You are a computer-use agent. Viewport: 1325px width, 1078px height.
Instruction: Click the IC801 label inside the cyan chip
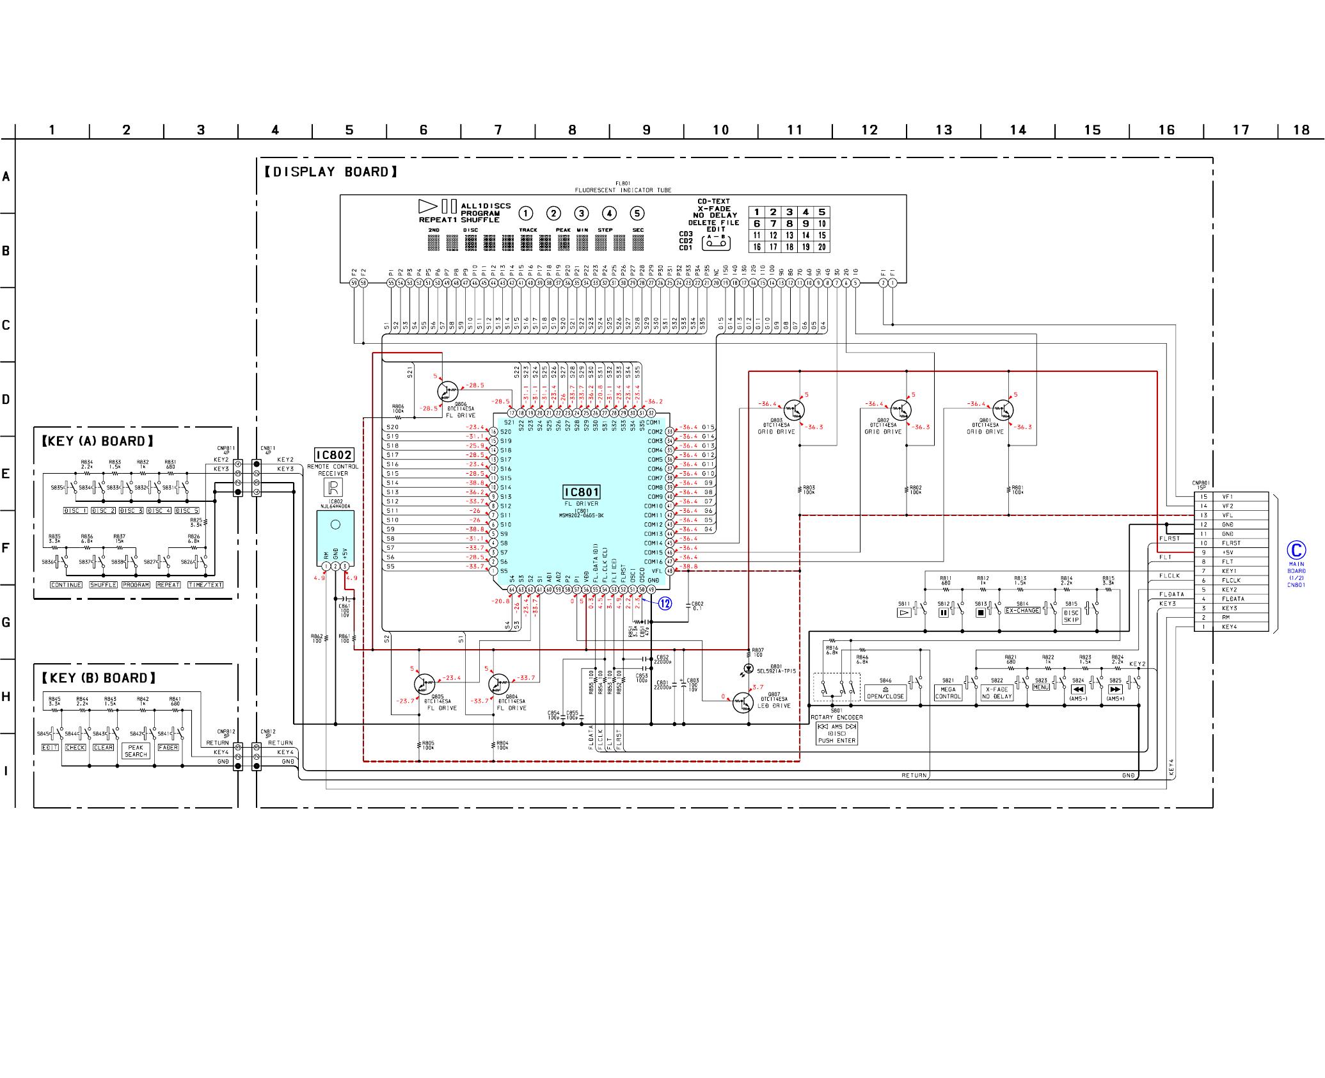pyautogui.click(x=581, y=492)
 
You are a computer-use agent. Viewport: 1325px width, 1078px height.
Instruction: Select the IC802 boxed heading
pyautogui.click(x=333, y=455)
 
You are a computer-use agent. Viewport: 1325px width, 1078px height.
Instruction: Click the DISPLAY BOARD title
pyautogui.click(x=331, y=172)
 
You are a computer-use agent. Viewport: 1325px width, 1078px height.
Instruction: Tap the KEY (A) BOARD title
pyautogui.click(x=97, y=441)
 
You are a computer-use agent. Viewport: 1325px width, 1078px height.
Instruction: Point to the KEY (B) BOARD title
pyautogui.click(x=99, y=678)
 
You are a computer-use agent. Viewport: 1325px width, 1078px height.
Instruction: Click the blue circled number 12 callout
pyautogui.click(x=665, y=604)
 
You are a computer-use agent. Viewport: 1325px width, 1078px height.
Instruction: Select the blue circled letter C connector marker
pyautogui.click(x=1296, y=550)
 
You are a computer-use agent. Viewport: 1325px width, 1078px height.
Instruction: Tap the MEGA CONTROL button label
pyautogui.click(x=948, y=693)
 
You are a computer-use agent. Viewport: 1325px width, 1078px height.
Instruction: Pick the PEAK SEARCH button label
pyautogui.click(x=136, y=751)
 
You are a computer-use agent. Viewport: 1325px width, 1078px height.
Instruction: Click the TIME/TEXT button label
pyautogui.click(x=205, y=584)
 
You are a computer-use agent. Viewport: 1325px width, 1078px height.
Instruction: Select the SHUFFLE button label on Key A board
pyautogui.click(x=103, y=584)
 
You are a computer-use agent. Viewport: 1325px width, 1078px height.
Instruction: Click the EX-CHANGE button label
pyautogui.click(x=1022, y=611)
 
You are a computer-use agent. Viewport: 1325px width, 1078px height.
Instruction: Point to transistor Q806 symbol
pyautogui.click(x=447, y=391)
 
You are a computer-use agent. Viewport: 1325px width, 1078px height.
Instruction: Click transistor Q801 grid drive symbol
pyautogui.click(x=1003, y=410)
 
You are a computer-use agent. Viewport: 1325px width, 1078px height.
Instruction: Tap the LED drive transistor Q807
pyautogui.click(x=743, y=702)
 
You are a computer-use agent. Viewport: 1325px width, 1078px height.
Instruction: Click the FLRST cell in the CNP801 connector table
pyautogui.click(x=1231, y=543)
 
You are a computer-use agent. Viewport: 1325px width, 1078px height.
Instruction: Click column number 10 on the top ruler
pyautogui.click(x=720, y=130)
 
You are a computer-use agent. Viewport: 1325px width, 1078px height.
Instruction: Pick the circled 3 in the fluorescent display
pyautogui.click(x=581, y=213)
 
